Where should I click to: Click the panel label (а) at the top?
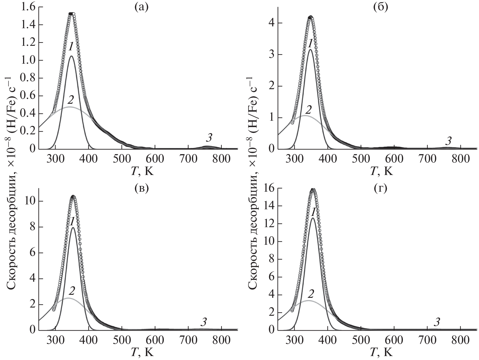[141, 7]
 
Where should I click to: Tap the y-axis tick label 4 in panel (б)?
[271, 23]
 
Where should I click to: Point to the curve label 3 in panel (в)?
[204, 322]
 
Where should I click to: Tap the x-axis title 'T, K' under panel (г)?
[381, 352]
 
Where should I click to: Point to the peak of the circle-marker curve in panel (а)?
[72, 14]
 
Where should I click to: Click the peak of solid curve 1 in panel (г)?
[313, 218]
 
